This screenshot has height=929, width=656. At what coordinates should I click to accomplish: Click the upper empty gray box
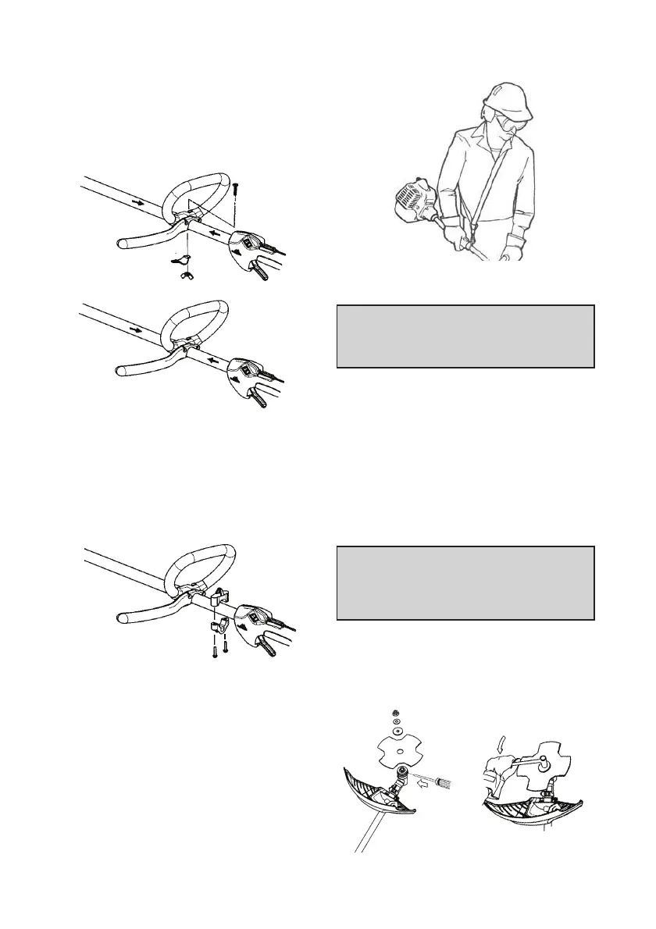click(465, 336)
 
